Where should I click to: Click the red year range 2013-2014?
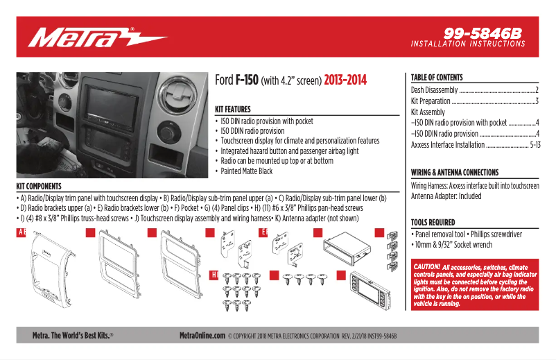point(345,80)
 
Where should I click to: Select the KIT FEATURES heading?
point(233,110)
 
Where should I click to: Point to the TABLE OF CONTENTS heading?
point(437,78)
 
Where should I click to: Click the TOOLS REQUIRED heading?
point(433,223)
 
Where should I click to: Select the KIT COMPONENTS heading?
point(39,187)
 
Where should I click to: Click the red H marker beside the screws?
point(214,275)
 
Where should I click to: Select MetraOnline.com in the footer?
point(202,335)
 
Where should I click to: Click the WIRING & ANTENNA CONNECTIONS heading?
point(454,173)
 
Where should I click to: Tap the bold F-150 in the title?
point(247,80)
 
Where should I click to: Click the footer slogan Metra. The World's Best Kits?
point(73,335)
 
